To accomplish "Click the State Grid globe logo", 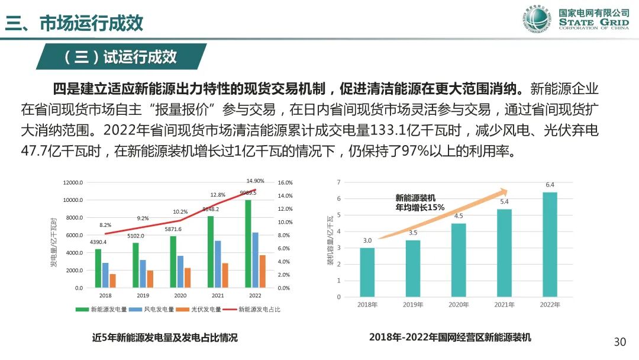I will (535, 21).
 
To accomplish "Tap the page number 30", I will (619, 342).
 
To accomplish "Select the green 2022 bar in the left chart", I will (247, 244).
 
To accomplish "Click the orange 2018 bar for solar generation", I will (112, 281).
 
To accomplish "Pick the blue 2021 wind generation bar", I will (217, 264).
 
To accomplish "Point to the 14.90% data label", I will (255, 181).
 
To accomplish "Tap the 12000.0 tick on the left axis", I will (73, 182).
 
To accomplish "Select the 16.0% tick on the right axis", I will (285, 182).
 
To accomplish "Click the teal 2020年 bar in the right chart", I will (459, 260).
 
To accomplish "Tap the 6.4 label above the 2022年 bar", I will (550, 185).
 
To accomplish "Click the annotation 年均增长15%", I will (419, 208).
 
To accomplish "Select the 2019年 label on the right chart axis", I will (413, 305).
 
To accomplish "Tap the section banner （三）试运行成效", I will (121, 57).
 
